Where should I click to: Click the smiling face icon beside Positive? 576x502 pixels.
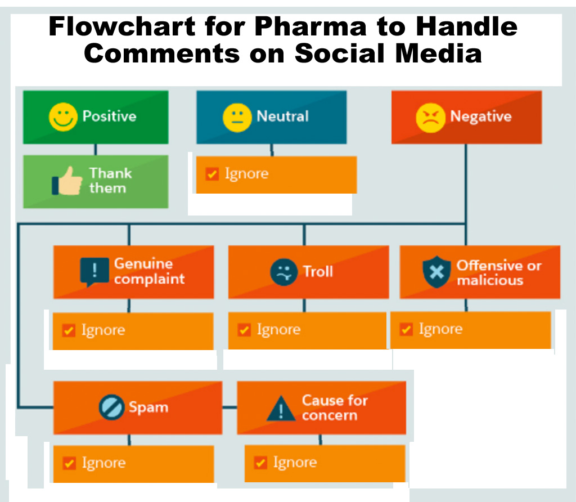[63, 117]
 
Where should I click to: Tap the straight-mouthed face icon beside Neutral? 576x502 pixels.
[237, 118]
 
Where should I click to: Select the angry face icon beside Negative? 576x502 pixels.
[430, 118]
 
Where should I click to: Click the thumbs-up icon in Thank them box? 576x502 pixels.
[67, 181]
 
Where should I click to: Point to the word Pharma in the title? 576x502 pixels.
[310, 26]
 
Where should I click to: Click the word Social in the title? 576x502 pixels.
[340, 53]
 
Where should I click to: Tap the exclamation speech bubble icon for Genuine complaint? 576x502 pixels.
[94, 272]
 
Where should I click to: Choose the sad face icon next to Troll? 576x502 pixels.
[283, 272]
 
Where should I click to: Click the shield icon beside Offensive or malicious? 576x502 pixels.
[436, 272]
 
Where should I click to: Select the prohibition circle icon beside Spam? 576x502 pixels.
[111, 407]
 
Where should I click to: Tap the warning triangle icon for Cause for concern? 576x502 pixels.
[281, 408]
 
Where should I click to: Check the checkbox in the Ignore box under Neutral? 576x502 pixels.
[212, 173]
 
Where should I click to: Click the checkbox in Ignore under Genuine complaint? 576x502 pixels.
[69, 330]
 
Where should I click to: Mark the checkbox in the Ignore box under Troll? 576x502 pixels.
[244, 330]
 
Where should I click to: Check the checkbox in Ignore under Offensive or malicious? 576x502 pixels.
[406, 329]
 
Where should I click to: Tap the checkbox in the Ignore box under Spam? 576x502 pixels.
[69, 463]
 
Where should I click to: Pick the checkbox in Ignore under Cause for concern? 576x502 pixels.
[260, 462]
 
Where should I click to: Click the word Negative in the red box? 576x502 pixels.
[481, 116]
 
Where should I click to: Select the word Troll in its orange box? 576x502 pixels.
[318, 272]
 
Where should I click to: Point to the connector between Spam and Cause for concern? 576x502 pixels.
[229, 407]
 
